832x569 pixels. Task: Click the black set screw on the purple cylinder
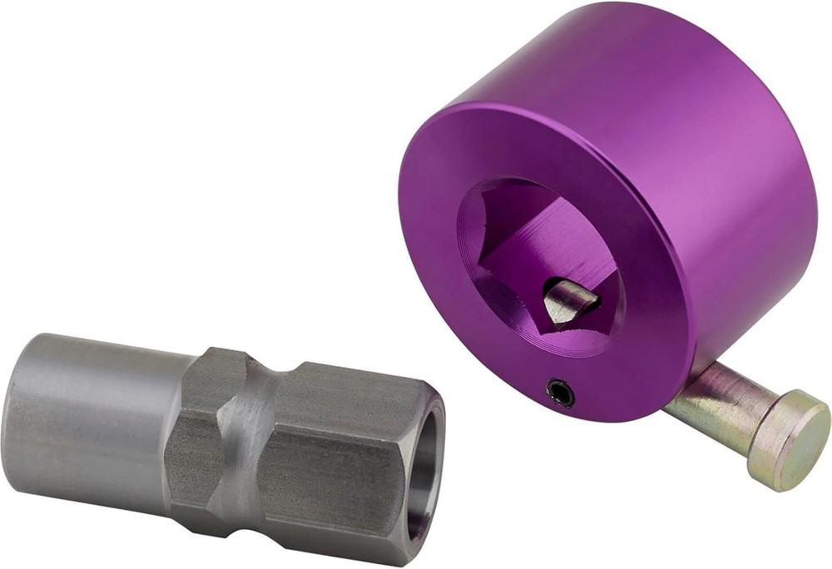click(561, 393)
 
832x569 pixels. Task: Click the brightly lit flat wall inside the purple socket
click(556, 241)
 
